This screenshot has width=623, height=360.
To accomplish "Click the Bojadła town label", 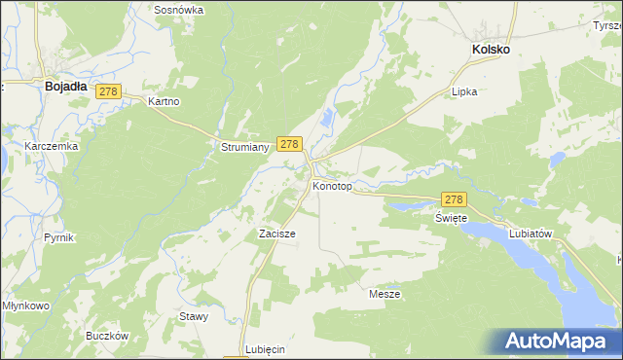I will coord(66,86).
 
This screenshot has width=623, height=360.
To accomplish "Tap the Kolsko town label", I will coord(491,49).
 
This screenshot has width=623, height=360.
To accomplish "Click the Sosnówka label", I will coord(179,10).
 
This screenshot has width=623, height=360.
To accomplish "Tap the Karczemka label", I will coord(52,146).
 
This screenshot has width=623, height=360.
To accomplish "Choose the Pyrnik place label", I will coord(59,237).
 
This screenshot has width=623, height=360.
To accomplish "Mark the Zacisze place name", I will coord(276,234).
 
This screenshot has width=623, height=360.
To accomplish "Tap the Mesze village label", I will coord(385,293).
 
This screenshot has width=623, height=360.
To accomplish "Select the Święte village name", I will coord(452,218).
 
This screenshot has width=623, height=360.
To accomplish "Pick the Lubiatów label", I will coord(531,234).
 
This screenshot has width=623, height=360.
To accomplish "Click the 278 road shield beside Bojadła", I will coord(108,91).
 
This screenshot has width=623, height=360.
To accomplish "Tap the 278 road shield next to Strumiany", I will coord(288,143).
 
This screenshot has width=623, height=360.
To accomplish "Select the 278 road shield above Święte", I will coord(455,198).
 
